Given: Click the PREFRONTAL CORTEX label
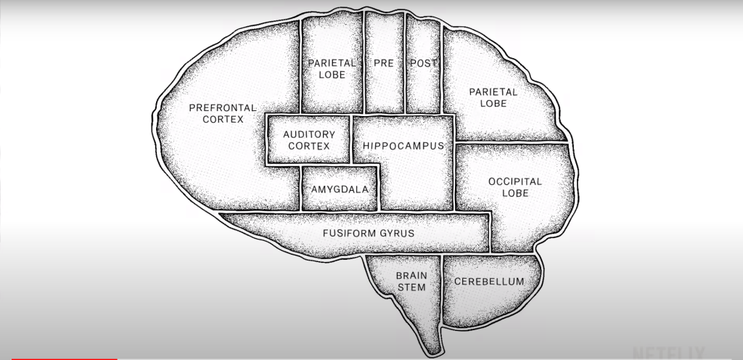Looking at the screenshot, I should [x=223, y=113].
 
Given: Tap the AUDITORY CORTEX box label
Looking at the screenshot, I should [x=309, y=140].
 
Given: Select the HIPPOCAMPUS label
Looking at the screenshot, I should [x=403, y=146].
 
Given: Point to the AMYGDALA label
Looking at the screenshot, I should [x=340, y=190].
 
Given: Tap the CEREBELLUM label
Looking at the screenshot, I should [x=488, y=282].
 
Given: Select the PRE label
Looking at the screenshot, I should [x=384, y=64].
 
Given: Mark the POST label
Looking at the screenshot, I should [x=423, y=64].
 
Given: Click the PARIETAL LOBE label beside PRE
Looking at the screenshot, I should [x=332, y=69].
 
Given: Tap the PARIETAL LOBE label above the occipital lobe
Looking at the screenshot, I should [x=493, y=98].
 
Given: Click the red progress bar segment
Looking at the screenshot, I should [x=58, y=359].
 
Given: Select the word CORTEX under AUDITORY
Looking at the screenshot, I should [x=309, y=147].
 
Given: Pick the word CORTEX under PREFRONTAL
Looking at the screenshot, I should [x=223, y=120].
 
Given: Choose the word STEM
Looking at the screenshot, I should [x=410, y=288].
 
